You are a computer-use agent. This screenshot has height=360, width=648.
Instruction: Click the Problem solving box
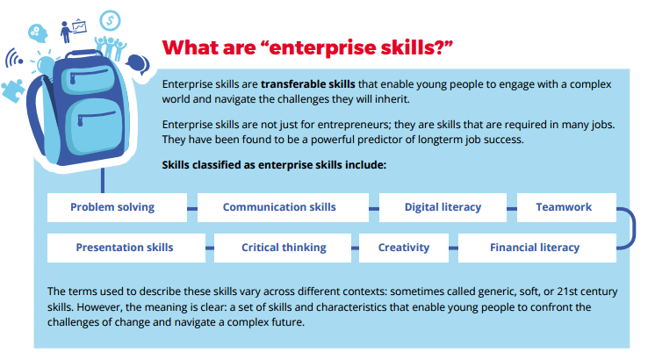coord(112,207)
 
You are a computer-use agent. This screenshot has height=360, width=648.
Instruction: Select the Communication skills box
coord(279,207)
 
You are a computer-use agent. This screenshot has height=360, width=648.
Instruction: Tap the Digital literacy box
coord(443,207)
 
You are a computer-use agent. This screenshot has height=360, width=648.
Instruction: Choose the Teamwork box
coord(564,207)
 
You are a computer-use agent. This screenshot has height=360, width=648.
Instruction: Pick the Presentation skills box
coord(125,248)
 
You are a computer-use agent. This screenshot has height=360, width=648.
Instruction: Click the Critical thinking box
coord(284,248)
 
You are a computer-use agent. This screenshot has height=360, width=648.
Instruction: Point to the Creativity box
coord(404,248)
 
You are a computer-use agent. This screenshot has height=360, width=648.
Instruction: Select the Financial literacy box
coord(535,248)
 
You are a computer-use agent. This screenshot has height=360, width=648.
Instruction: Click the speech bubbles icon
coord(137,63)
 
